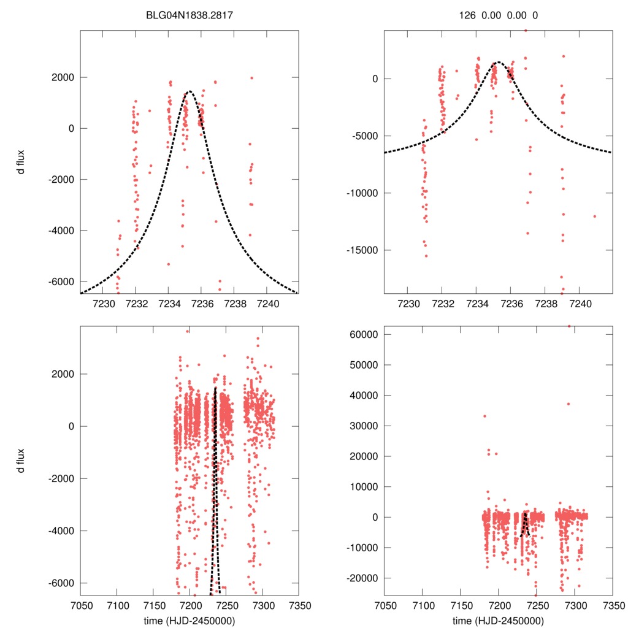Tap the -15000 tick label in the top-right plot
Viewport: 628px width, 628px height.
point(362,250)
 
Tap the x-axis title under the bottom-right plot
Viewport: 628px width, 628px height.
point(498,620)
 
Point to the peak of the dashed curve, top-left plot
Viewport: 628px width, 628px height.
point(189,91)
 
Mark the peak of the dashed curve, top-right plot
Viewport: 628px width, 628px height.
point(498,62)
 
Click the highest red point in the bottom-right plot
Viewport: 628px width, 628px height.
point(569,326)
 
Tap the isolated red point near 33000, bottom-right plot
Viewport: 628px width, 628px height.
point(484,416)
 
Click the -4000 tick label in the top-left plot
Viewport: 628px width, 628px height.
point(59,231)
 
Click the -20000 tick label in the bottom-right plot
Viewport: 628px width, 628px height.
point(362,578)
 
